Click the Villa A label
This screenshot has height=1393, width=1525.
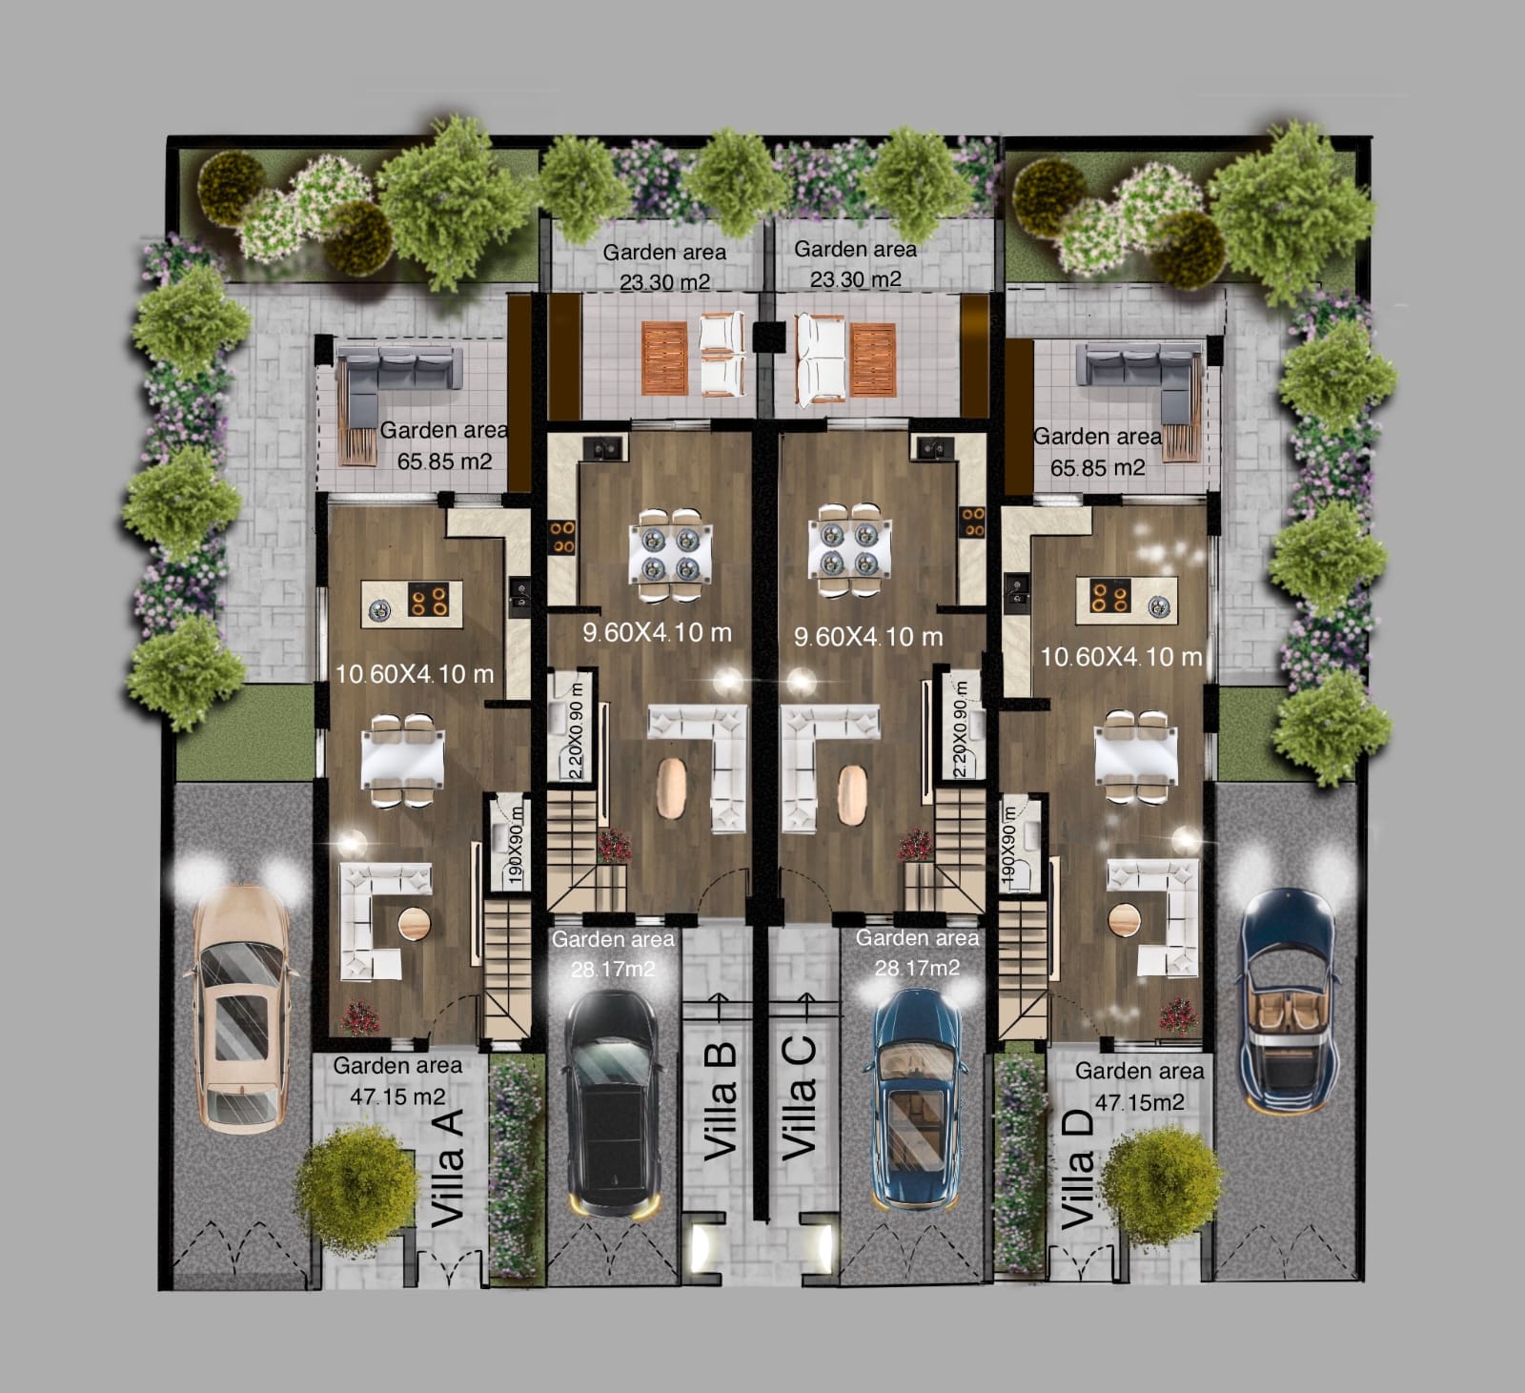447,1167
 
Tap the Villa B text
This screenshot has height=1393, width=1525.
720,1100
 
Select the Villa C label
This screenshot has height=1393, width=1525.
799,1097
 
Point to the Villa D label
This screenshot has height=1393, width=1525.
1078,1169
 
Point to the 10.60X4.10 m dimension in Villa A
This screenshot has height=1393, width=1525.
415,674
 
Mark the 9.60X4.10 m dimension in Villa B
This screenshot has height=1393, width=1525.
657,632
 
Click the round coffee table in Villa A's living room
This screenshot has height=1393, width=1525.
415,922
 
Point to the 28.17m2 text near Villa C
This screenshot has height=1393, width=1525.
917,968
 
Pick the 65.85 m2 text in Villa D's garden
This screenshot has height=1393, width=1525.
1097,468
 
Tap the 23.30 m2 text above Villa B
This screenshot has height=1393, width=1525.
664,282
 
